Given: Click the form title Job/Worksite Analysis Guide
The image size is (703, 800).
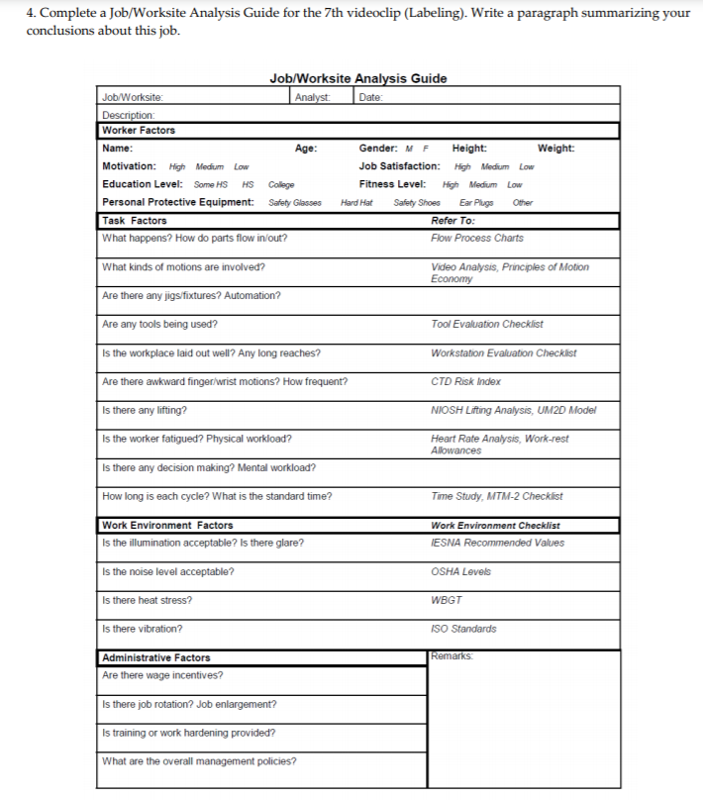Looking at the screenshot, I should (x=357, y=78).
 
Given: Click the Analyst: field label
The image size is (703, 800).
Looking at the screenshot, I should (x=313, y=97).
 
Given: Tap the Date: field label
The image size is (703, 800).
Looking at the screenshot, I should (x=370, y=97).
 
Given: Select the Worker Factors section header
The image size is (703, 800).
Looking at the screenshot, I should (x=139, y=130).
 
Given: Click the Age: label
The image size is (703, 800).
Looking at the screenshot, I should (x=306, y=149).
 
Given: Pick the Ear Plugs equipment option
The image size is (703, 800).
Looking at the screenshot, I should (x=476, y=203).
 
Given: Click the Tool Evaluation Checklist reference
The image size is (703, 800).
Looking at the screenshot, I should (x=486, y=324).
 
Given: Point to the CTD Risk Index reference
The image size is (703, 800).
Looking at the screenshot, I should (x=465, y=381).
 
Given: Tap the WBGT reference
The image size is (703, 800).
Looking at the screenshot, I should (x=446, y=600).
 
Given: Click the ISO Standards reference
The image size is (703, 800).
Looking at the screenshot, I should (x=463, y=629).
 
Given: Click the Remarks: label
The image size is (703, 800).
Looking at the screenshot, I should (x=451, y=655).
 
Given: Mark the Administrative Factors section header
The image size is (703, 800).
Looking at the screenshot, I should (x=156, y=657).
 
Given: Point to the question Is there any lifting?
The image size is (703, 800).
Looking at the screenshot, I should (x=145, y=410).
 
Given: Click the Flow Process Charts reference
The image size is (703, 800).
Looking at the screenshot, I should (x=477, y=238).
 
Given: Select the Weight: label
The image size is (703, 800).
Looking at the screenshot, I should (x=555, y=149).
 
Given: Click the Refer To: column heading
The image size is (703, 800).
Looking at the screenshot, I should (x=452, y=221).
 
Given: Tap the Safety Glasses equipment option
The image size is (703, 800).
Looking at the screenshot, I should (x=294, y=203).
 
